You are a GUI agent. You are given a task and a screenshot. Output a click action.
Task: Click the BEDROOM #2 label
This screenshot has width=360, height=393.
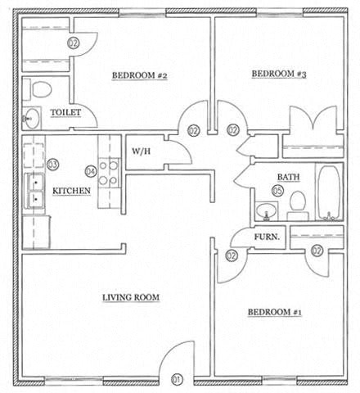click(x=139, y=75)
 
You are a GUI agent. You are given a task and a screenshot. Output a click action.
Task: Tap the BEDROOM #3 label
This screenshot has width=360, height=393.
click(x=279, y=74)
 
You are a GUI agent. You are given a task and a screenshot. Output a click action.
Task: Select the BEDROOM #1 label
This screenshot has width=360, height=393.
click(x=274, y=312)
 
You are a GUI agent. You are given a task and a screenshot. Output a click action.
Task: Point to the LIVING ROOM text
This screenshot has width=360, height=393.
click(x=131, y=297)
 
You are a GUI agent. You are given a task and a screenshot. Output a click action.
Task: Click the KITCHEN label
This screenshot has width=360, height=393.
click(x=71, y=191)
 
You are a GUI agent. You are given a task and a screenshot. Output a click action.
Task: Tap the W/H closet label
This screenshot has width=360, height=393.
click(x=141, y=151)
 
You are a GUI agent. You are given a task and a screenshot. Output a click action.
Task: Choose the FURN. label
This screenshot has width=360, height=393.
click(x=267, y=237)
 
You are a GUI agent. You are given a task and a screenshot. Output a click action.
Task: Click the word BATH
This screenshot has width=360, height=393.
click(x=288, y=177)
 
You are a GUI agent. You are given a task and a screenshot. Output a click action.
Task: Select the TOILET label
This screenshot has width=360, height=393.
click(x=65, y=112)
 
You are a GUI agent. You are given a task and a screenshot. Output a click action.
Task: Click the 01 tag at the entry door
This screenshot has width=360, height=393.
click(x=177, y=379)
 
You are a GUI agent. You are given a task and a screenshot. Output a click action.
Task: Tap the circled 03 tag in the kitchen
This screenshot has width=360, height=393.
click(x=53, y=165)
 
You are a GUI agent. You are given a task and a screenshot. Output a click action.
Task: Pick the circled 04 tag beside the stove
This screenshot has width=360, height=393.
click(x=91, y=171)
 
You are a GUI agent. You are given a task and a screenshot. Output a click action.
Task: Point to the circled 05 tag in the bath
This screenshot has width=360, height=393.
click(x=277, y=191)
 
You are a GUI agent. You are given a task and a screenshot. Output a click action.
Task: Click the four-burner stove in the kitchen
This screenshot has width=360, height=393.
click(x=109, y=173)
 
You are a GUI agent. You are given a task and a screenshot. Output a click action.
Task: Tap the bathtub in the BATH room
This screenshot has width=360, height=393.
click(x=330, y=192)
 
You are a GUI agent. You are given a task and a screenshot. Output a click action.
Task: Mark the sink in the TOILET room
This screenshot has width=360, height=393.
click(x=31, y=118)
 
